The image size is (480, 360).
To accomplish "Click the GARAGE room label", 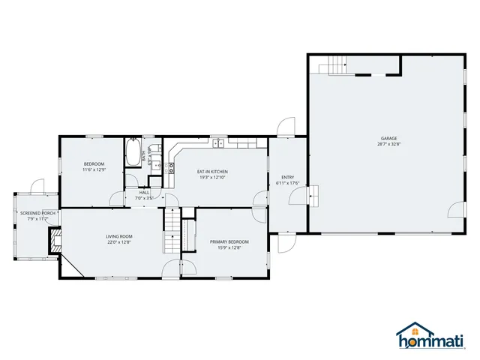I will coord(388,139).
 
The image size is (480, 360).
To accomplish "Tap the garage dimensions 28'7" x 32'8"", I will coord(388,145).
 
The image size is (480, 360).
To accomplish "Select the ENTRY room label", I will coord(287,178).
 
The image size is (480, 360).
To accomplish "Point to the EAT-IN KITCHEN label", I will coord(212,172).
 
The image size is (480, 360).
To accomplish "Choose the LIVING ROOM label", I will coord(118,235).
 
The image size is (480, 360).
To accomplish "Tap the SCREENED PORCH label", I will coord(37,213).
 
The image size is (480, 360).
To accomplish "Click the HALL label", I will coord(144,193).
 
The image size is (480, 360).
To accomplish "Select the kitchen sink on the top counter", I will coord(219,142).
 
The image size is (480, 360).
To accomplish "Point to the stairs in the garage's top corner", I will coord(334,67).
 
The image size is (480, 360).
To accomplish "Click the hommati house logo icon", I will coord(409,331).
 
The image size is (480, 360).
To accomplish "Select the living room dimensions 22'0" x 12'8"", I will coord(118,242).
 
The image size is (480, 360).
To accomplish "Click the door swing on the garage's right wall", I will coord(458,206).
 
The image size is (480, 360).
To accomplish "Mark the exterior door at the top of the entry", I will coord(286,127).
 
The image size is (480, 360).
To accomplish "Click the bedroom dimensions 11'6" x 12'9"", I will coord(94,169).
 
